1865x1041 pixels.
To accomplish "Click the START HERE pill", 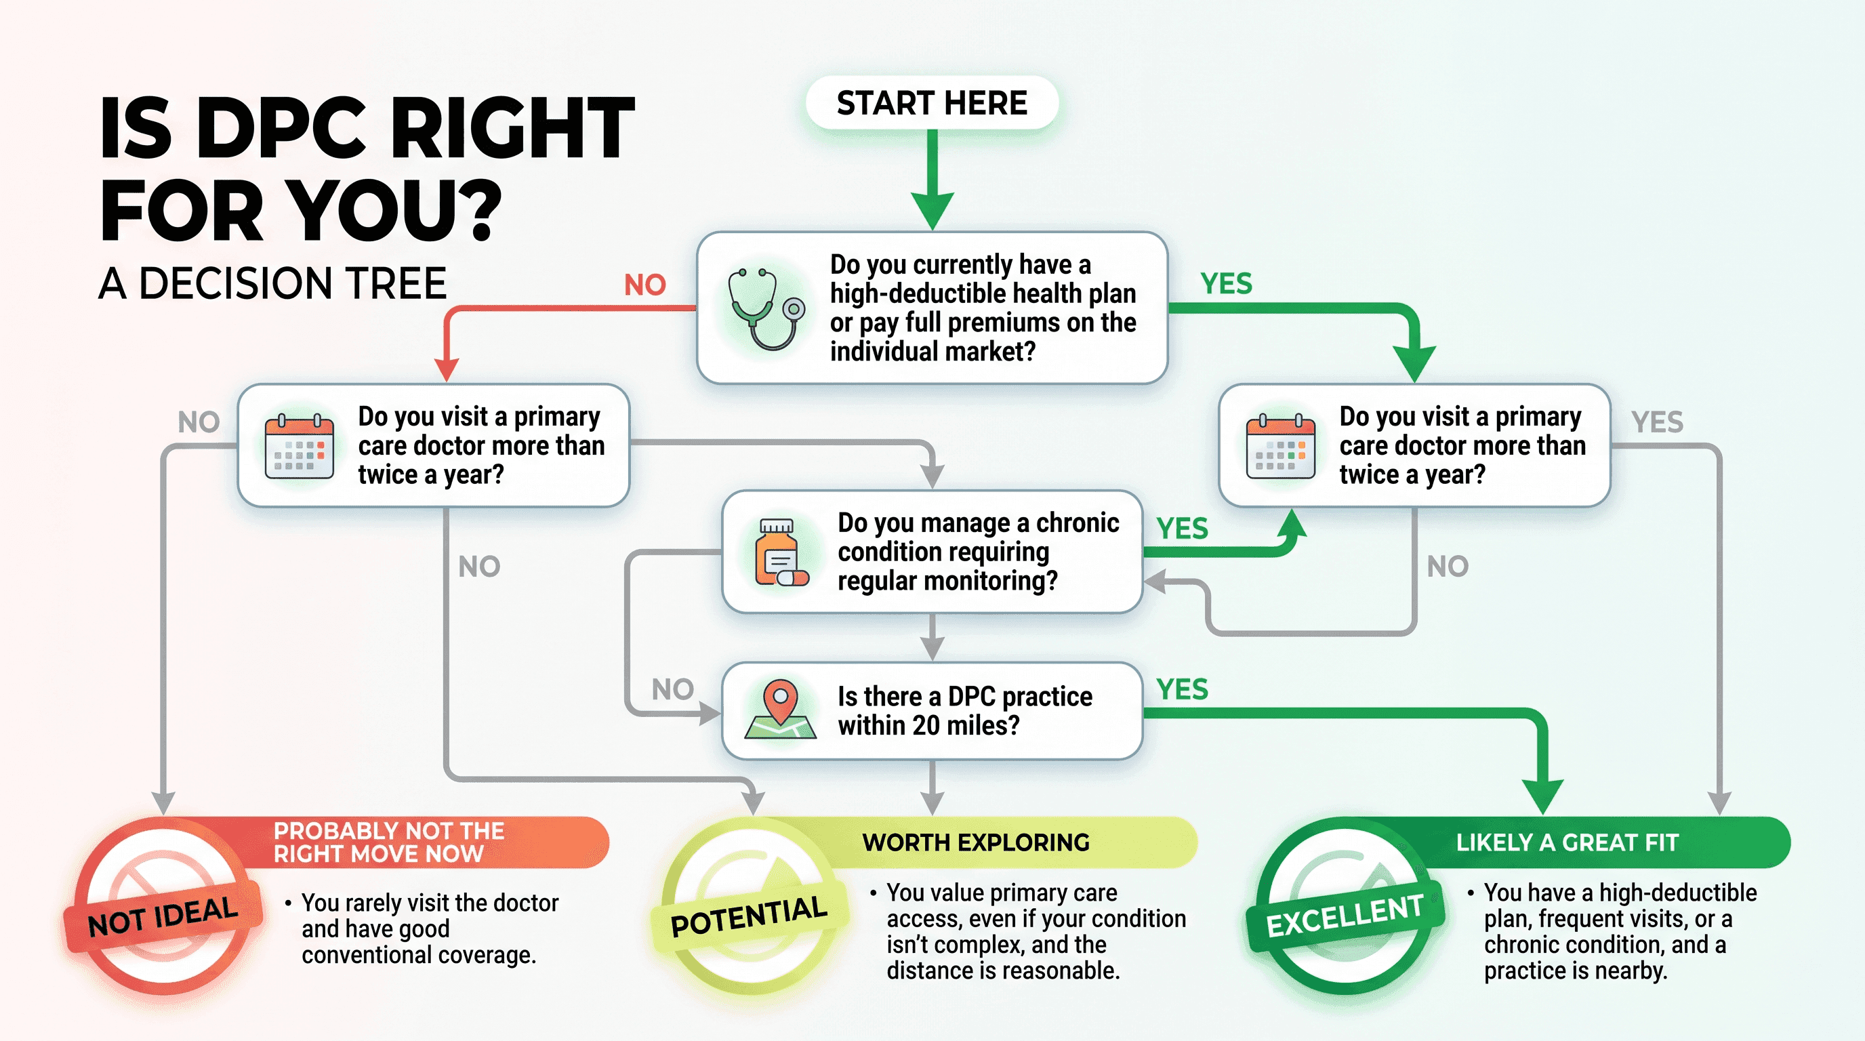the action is tap(932, 103).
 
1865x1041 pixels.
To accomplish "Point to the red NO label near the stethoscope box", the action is tap(644, 285).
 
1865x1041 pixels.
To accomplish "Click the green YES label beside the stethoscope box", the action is tap(1226, 284).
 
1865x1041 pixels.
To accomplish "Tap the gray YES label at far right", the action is tap(1656, 422).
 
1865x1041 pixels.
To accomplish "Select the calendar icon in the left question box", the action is tap(299, 447).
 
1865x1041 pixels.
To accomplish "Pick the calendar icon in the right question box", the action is tap(1280, 447).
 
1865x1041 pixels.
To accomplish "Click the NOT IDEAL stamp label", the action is tap(163, 916).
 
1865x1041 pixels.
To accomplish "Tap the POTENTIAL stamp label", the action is tap(749, 916).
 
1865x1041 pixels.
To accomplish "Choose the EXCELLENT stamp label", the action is tap(1345, 916).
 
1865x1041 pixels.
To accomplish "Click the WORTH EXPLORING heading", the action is tap(976, 842).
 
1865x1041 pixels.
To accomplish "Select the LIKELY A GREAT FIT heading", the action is tap(1567, 842).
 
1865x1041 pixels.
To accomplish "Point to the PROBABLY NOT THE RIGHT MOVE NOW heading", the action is tap(388, 842).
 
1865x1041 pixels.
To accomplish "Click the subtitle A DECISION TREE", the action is tap(272, 283).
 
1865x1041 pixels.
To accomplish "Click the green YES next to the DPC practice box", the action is tap(1182, 689).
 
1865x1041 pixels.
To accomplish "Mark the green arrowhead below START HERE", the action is tap(932, 211).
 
